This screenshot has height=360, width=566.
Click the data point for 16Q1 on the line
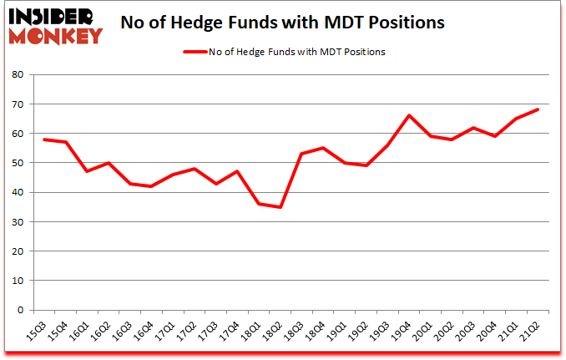tap(87, 171)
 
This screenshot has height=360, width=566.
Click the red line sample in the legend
tap(200, 52)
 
